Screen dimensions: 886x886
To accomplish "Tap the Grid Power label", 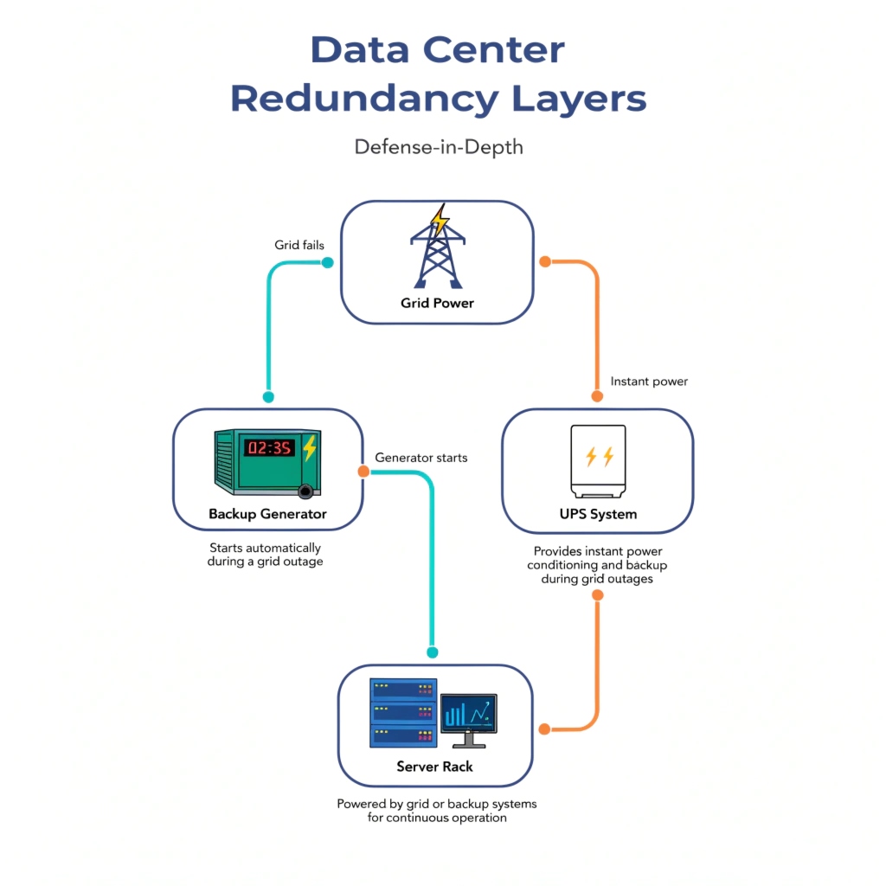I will (x=437, y=303).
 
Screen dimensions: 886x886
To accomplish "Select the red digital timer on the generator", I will (x=269, y=448).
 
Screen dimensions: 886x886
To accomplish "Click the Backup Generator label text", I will (x=267, y=514).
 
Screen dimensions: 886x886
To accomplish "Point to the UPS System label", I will (x=597, y=514).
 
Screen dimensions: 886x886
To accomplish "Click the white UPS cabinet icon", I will (x=598, y=459).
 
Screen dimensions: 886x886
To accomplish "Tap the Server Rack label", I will (x=434, y=767).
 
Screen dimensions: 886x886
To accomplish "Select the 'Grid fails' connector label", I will (x=299, y=245).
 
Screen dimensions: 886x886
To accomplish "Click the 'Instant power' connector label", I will (x=649, y=382).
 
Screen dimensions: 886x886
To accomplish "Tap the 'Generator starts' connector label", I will (x=421, y=457).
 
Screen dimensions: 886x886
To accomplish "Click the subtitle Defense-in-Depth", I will (x=439, y=146).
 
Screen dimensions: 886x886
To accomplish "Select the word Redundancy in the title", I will (x=364, y=99).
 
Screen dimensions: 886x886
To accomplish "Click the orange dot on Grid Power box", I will (x=544, y=261).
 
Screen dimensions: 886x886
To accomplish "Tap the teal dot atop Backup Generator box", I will (x=268, y=397).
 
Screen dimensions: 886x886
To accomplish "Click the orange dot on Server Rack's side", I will (x=544, y=729).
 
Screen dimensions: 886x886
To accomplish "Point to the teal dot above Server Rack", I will (x=433, y=652).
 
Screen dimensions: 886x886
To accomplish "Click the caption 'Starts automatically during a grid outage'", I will (x=265, y=555).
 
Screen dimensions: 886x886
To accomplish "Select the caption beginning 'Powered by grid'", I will (x=436, y=811).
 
